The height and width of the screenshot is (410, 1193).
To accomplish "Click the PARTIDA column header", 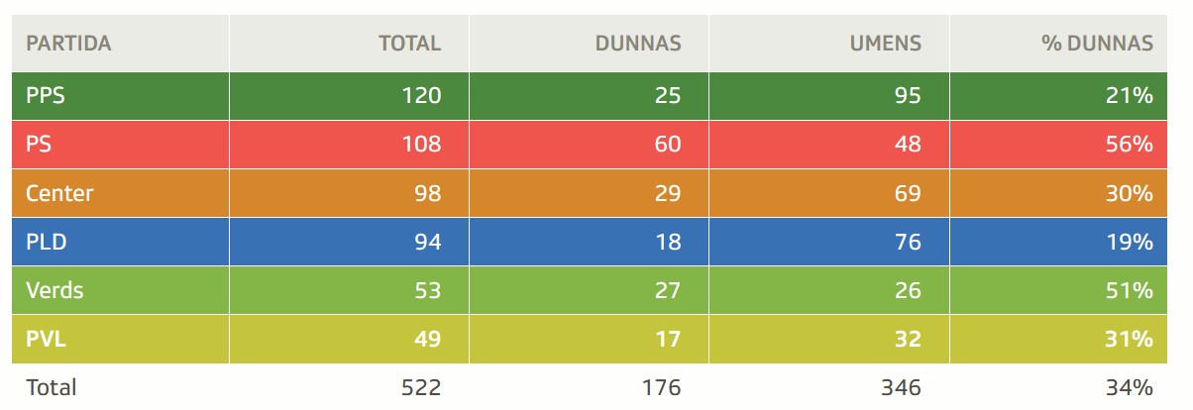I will click(67, 44).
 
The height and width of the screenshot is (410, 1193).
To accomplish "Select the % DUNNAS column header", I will click(1097, 44).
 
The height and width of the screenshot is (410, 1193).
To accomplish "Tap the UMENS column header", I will click(885, 44).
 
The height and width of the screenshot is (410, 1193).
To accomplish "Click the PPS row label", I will click(46, 96).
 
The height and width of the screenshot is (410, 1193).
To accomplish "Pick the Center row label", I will click(59, 193).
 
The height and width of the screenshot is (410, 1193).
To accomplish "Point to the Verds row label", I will click(54, 290).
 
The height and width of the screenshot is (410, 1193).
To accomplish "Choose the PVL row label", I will click(45, 339).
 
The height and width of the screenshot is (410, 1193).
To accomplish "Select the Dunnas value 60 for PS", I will click(667, 145).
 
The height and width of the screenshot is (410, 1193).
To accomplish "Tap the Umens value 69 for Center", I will click(907, 193).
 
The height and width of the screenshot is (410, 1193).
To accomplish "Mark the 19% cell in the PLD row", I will click(1130, 242).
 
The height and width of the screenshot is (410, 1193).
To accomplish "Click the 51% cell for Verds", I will click(1130, 290).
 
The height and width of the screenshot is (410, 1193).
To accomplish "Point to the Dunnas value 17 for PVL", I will click(667, 339).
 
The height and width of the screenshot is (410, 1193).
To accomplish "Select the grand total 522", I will click(421, 387).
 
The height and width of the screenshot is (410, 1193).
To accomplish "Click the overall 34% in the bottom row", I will click(1130, 387).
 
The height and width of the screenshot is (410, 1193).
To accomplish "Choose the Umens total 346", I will click(901, 387).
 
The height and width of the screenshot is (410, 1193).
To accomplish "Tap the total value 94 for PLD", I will click(427, 242).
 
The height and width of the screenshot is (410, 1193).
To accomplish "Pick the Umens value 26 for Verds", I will click(907, 290).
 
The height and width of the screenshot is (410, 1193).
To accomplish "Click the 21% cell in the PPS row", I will click(1130, 96).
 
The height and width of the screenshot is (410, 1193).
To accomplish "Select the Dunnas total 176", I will click(661, 387).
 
